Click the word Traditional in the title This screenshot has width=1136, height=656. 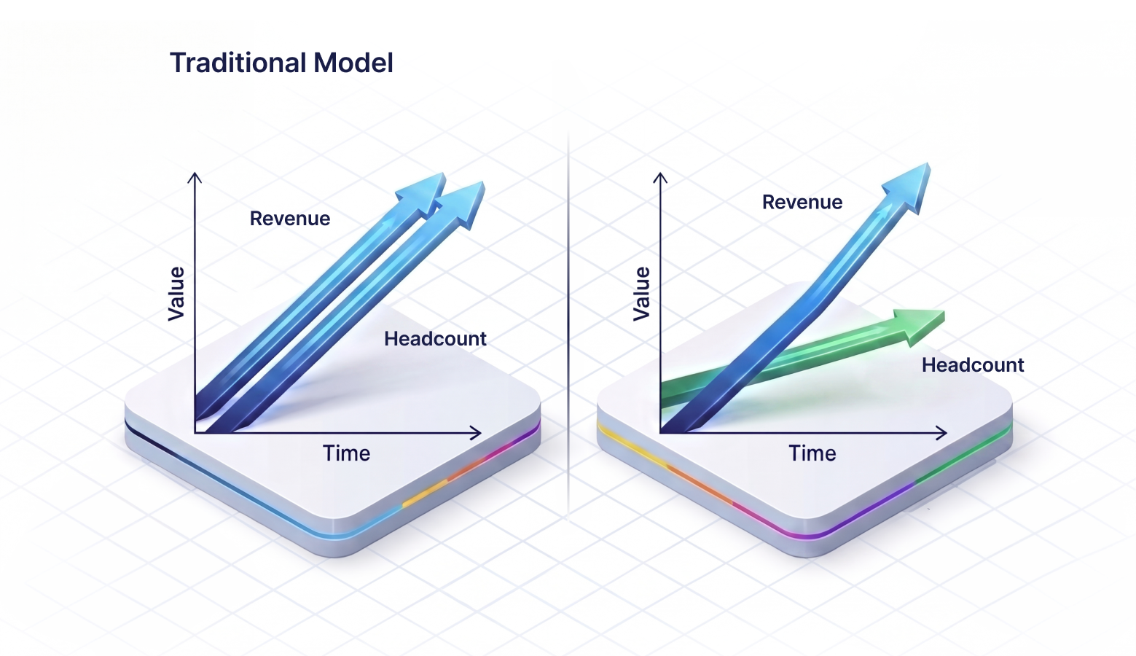coord(238,63)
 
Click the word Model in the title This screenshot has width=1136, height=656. coord(353,63)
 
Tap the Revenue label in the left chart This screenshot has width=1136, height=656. coord(290,219)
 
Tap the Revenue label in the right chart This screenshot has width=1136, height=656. coord(802,203)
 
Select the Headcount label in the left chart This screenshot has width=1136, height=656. coord(435,339)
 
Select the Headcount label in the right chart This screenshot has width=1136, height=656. coord(973,365)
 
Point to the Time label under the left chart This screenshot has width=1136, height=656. coord(346,453)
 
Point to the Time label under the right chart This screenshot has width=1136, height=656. coord(812,453)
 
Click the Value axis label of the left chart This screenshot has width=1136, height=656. coord(176,294)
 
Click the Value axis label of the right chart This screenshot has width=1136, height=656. coord(641,294)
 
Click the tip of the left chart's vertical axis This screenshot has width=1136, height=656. coord(195,173)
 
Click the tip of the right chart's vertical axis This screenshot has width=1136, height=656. coord(659,173)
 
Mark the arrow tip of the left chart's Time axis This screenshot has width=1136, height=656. coord(481,433)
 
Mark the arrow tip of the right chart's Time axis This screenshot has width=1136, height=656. coord(947,433)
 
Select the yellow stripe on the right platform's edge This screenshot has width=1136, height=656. coord(631,445)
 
